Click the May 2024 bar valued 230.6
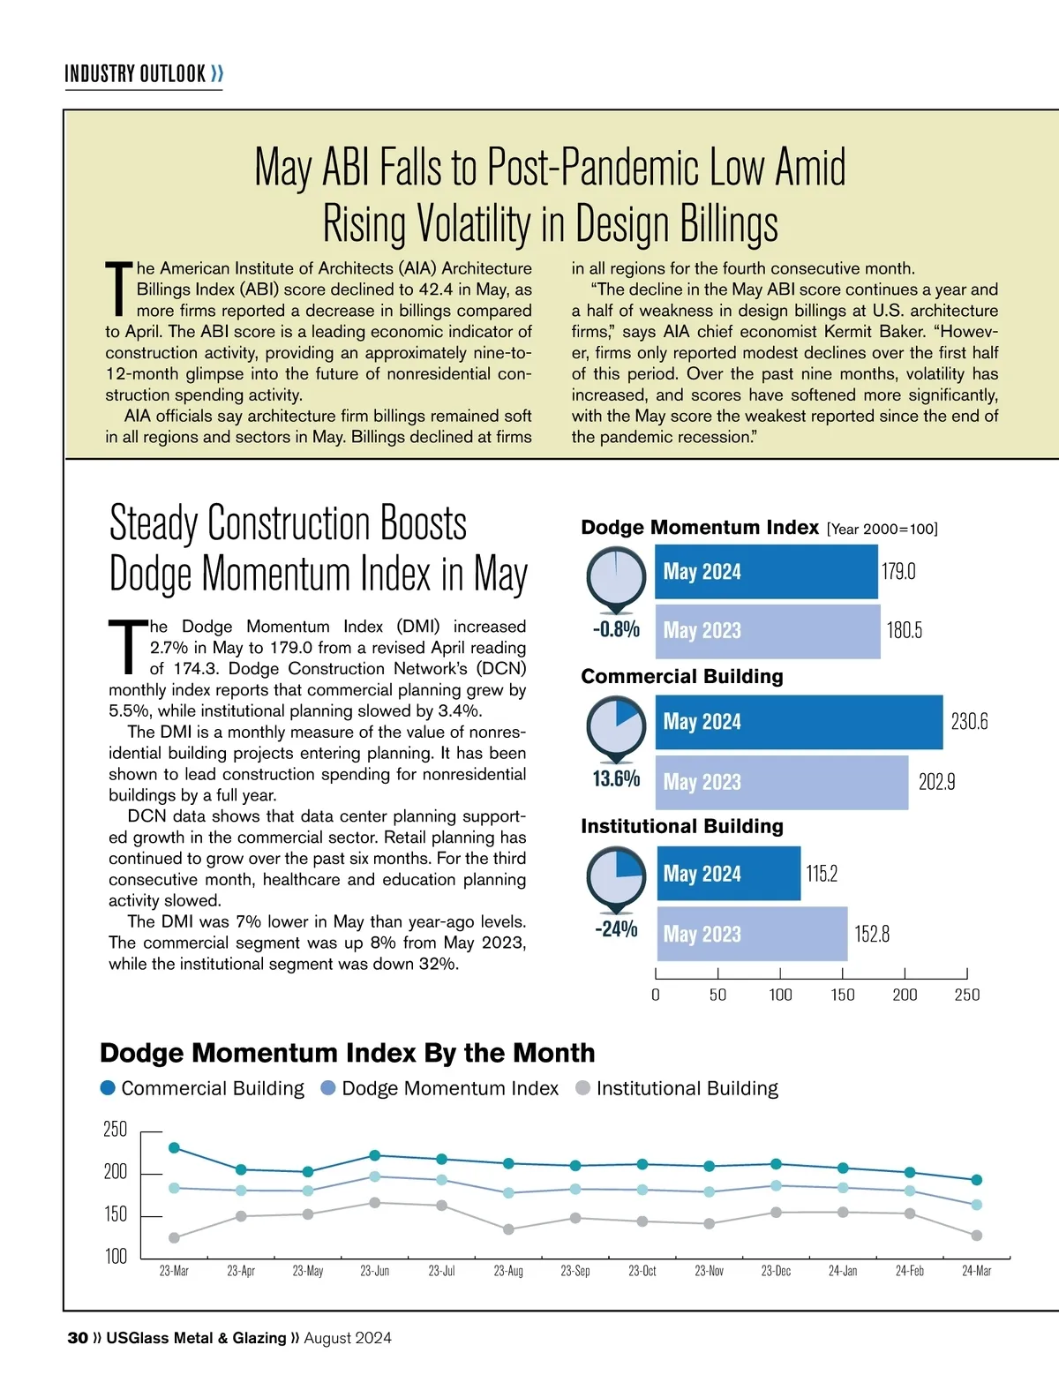pos(799,722)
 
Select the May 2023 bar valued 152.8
pos(752,934)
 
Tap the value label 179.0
pos(898,572)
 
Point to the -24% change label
pos(616,929)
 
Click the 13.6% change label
pos(616,778)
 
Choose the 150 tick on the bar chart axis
pos(843,995)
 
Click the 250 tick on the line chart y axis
pos(116,1130)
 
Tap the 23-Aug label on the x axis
pos(508,1271)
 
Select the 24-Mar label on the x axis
pos(976,1271)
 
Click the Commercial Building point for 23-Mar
pos(174,1147)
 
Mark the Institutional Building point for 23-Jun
pos(375,1203)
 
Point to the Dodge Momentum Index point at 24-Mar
pos(977,1205)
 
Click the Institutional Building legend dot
pos(582,1088)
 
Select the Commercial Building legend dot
pos(108,1088)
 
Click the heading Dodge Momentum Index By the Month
pos(347,1053)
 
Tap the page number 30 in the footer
pos(77,1338)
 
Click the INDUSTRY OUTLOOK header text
pos(135,73)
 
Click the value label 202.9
pos(936,782)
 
